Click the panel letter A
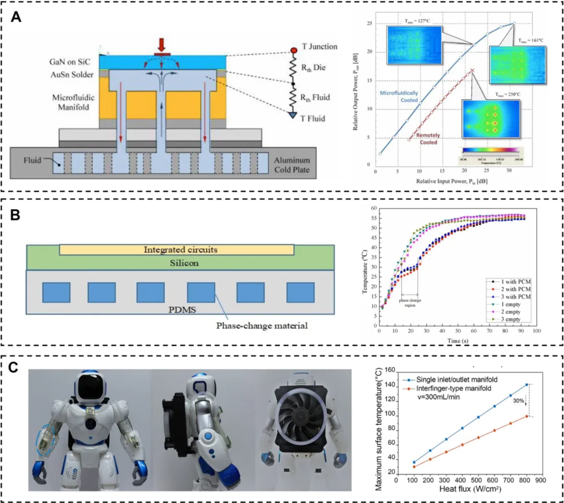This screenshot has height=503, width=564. [x=16, y=17]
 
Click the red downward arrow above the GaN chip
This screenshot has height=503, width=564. [x=161, y=44]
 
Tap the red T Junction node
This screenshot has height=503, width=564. [x=294, y=50]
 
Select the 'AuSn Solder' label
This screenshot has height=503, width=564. [x=72, y=75]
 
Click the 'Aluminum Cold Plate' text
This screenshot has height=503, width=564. [x=292, y=165]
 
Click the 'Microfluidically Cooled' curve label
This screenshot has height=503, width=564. [x=399, y=96]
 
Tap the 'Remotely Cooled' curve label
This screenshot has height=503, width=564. [x=428, y=138]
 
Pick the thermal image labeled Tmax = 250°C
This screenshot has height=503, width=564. [x=491, y=119]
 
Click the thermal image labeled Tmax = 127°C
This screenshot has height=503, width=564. [x=414, y=45]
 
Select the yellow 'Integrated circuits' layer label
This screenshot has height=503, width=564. [x=180, y=250]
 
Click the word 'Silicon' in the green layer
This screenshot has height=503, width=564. [x=184, y=263]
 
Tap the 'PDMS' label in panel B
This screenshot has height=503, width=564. [x=182, y=309]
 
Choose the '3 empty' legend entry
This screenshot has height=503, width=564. [x=510, y=319]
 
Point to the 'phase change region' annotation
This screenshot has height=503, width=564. [x=410, y=302]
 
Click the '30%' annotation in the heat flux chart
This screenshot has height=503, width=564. [x=519, y=401]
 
